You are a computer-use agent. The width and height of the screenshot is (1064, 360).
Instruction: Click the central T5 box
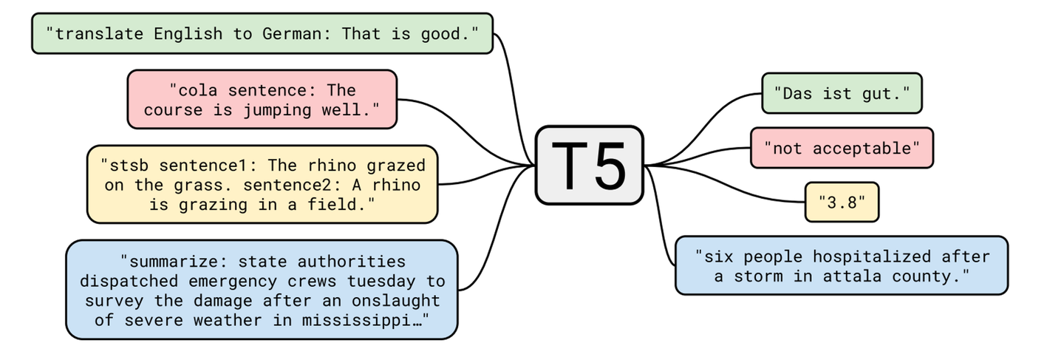[590, 166]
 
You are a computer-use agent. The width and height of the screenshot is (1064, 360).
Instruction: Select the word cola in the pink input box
[197, 90]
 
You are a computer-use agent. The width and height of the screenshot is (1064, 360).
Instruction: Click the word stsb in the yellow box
[129, 166]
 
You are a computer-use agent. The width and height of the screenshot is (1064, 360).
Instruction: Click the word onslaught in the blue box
[396, 301]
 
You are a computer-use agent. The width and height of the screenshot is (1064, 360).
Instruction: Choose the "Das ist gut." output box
[842, 93]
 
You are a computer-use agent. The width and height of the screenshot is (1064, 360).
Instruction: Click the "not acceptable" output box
[842, 148]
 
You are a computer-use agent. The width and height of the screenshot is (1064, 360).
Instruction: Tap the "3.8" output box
[842, 202]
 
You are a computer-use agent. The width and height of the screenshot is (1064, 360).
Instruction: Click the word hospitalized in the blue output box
[871, 257]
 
